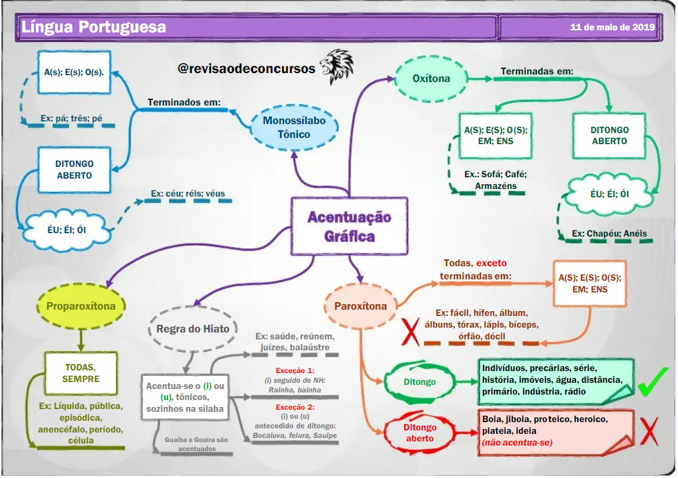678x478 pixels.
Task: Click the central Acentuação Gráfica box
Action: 349,226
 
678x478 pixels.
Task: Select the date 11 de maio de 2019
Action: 612,28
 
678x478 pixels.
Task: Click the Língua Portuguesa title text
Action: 93,28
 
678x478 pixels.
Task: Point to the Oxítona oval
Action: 431,79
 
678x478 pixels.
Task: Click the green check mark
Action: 652,381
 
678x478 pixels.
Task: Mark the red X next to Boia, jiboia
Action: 649,430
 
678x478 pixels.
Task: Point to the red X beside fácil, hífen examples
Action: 411,330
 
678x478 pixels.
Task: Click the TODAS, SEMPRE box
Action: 81,373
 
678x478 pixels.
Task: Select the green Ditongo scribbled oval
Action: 419,381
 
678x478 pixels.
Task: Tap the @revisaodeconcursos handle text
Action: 246,69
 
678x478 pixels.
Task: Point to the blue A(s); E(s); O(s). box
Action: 73,72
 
